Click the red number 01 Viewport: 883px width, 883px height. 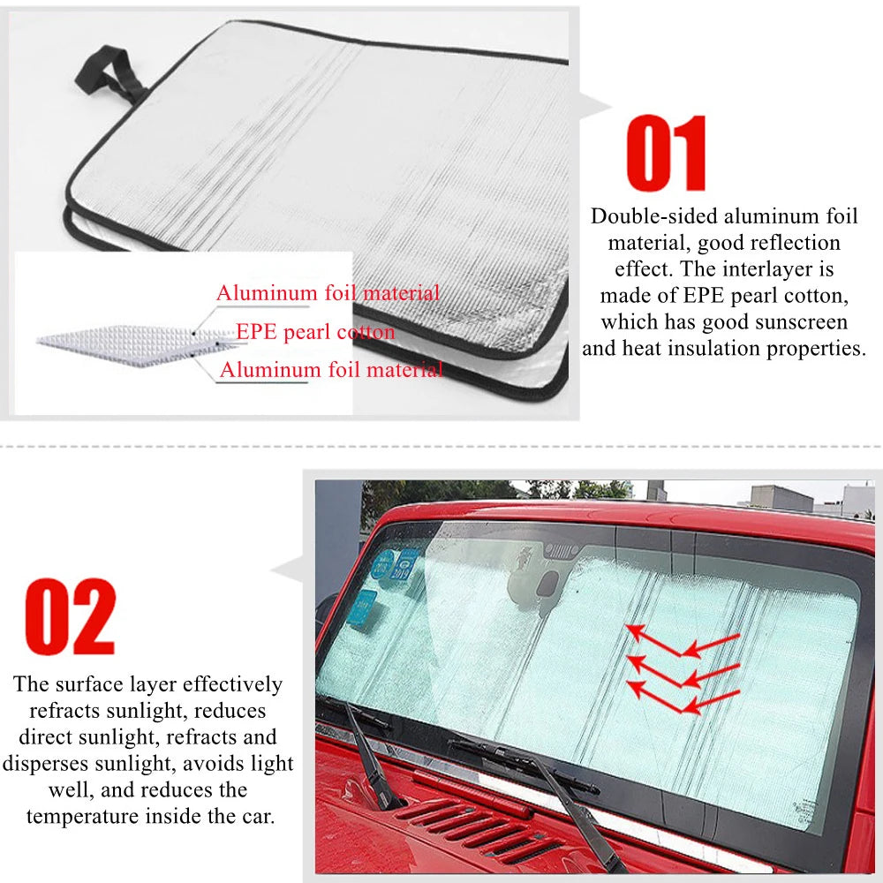[666, 153]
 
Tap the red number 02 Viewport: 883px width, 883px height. [71, 616]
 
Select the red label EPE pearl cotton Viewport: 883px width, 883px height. [315, 332]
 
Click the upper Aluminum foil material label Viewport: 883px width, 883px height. [328, 293]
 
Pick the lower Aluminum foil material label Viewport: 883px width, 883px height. [331, 369]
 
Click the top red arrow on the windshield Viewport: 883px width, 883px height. [682, 643]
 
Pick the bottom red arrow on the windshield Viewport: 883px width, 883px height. [682, 698]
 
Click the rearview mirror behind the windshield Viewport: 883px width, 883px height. [538, 585]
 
